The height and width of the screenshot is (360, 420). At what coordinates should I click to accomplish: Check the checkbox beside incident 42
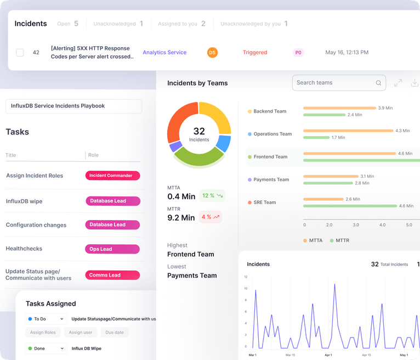tap(20, 53)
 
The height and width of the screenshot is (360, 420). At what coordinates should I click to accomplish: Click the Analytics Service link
tap(164, 53)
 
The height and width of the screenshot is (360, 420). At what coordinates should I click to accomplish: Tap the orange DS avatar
tap(212, 53)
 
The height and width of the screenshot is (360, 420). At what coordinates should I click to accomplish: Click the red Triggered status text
tap(255, 53)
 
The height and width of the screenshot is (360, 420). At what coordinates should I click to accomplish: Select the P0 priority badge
tap(298, 53)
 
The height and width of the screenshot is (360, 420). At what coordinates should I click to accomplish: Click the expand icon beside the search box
tap(398, 83)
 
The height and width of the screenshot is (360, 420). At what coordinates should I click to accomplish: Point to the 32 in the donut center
tap(199, 131)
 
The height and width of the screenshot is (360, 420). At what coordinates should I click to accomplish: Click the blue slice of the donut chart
tap(223, 143)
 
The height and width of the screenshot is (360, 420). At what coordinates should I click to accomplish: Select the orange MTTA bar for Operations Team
tap(348, 131)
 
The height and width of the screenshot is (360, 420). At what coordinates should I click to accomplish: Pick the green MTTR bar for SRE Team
tap(350, 206)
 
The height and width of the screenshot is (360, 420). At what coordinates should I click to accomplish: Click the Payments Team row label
tap(271, 179)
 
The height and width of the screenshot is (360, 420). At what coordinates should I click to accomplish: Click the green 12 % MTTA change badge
tap(212, 196)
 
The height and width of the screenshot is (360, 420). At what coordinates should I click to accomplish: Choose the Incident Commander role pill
tap(112, 176)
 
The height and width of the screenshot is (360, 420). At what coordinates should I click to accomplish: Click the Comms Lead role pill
tap(112, 275)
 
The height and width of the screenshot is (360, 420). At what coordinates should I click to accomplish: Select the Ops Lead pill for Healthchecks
tap(112, 249)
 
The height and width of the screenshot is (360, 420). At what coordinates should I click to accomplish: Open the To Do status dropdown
tap(46, 319)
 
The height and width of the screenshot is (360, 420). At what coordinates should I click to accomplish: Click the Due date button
tap(115, 333)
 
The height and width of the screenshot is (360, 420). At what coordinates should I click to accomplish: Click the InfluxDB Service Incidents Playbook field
tap(73, 106)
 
